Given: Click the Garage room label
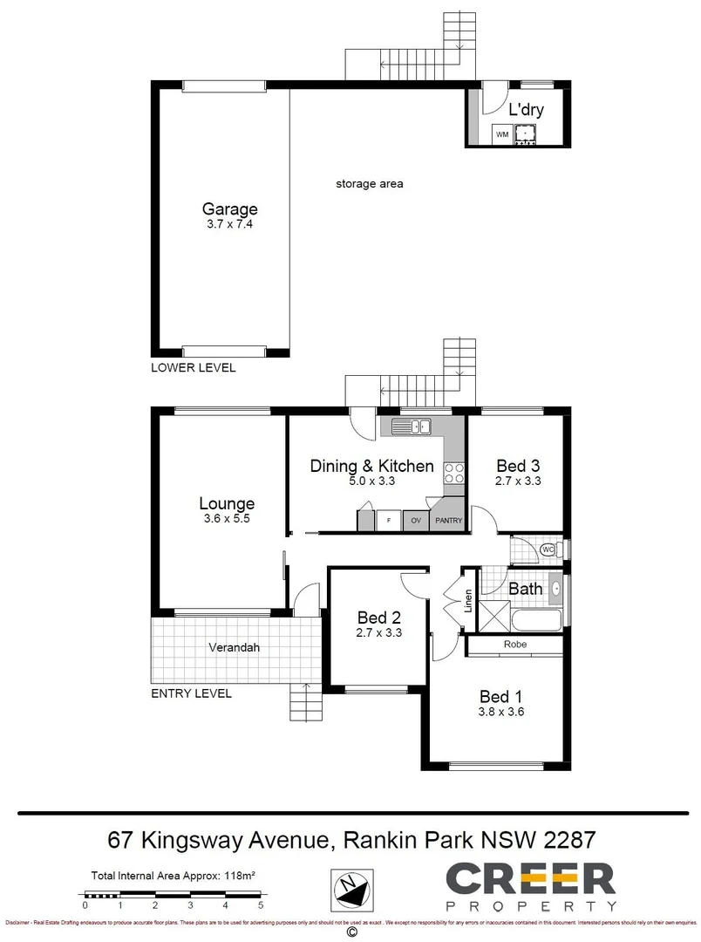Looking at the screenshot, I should (230, 209).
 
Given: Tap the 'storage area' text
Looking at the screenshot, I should (369, 184).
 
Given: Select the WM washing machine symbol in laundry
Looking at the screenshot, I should (501, 135).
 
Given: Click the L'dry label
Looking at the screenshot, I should (526, 110).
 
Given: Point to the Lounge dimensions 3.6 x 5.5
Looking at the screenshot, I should (226, 520).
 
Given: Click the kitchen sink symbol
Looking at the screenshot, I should (411, 427).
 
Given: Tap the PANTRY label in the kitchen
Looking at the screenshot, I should (448, 522).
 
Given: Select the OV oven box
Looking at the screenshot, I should (416, 522).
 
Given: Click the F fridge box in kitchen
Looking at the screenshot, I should (388, 522).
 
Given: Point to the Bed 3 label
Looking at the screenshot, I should (518, 465).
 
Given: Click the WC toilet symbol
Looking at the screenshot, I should (548, 549).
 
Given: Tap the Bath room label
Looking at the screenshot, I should (525, 589).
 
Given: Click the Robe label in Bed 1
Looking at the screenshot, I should (514, 645).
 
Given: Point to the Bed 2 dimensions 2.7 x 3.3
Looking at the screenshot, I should (378, 633).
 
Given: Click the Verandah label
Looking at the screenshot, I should (234, 648).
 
